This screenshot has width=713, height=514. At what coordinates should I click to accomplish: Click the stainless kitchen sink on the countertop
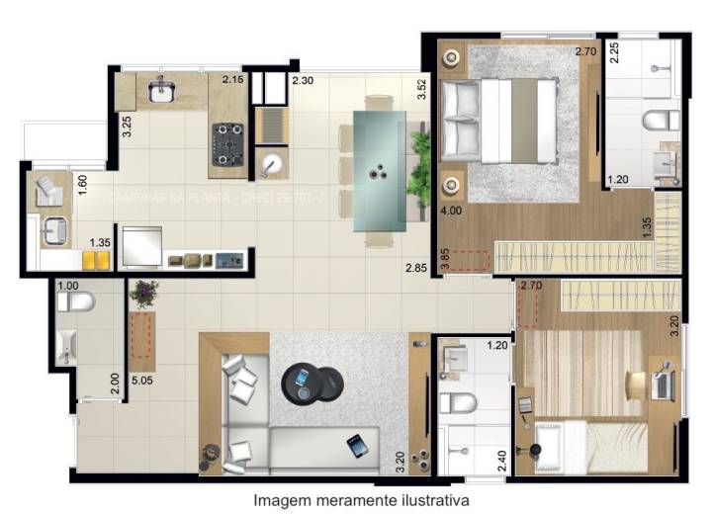[161, 92]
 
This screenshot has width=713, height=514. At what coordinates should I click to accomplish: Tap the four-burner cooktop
[230, 143]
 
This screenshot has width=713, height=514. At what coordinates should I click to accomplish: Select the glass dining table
[378, 169]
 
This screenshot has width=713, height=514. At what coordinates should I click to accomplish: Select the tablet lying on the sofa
[357, 445]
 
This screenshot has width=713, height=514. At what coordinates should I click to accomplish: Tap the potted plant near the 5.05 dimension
[145, 294]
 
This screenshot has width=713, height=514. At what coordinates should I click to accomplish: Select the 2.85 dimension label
[415, 268]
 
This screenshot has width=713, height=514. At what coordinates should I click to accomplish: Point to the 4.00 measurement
[451, 211]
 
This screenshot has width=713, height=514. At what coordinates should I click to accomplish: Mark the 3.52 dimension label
[421, 90]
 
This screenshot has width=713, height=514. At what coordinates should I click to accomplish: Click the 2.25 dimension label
[614, 52]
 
